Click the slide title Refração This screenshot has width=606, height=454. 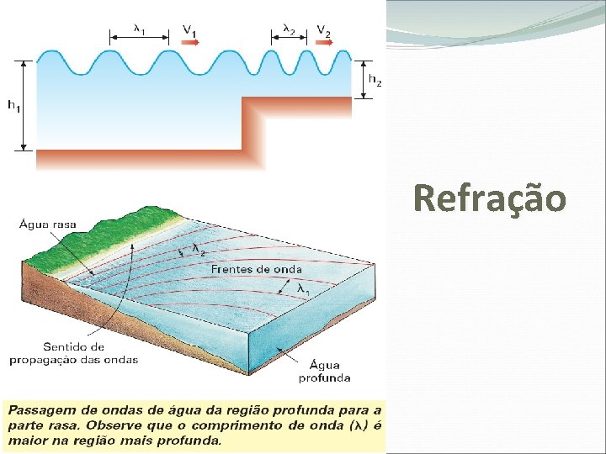point(490,199)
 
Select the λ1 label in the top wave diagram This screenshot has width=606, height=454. point(140,28)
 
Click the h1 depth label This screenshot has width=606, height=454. point(14,105)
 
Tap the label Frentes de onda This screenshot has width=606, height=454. point(256,269)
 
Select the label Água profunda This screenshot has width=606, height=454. point(324,371)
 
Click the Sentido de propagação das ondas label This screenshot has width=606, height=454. point(73,353)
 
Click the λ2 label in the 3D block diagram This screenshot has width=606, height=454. point(199,250)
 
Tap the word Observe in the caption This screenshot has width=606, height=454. point(136,425)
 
